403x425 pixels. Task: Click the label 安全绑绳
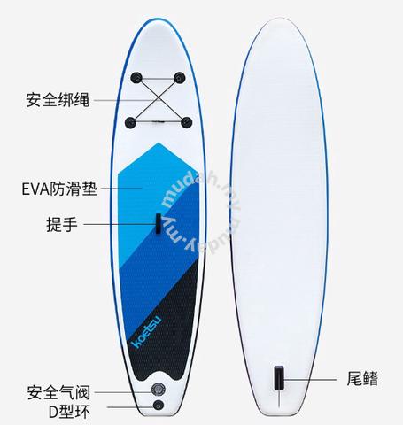point(58,100)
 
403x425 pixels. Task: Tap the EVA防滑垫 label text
point(59,189)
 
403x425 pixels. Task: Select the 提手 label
point(62,224)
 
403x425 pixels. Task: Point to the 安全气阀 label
point(58,392)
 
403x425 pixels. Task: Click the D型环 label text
point(69,412)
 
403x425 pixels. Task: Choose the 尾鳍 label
point(362,379)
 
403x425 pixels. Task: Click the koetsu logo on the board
point(146,332)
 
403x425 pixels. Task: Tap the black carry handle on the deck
point(159,223)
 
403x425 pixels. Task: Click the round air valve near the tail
point(159,390)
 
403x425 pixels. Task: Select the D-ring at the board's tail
point(159,405)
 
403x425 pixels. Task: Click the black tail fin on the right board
point(279,378)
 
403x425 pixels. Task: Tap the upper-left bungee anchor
point(136,78)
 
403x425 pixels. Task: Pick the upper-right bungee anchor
point(180,78)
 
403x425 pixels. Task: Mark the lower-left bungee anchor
point(130,122)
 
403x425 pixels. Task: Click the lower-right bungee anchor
point(186,122)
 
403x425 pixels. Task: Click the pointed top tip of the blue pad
point(159,143)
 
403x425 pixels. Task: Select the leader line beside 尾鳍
point(310,379)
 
